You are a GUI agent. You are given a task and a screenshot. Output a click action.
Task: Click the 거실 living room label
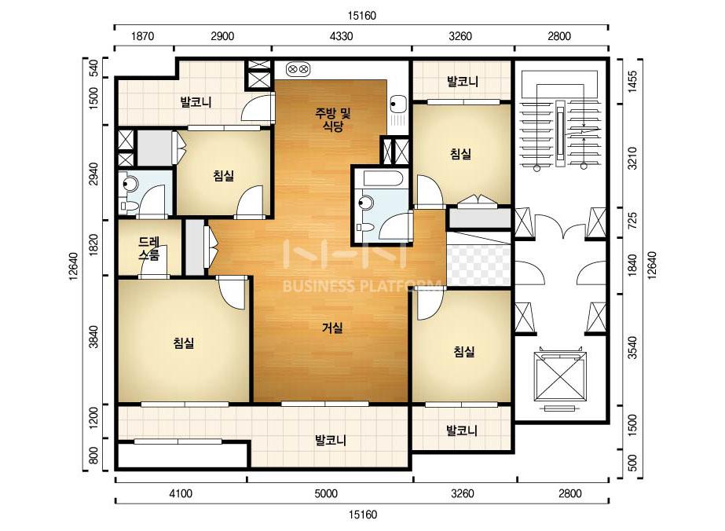332,328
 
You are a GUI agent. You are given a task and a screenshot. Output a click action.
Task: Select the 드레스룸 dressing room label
149,248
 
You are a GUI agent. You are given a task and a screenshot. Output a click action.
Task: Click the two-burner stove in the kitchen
298,69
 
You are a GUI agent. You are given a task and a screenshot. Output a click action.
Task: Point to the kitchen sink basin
397,104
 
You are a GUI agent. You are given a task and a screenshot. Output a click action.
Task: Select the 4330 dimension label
341,36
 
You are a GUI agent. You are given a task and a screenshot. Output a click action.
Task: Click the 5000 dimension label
326,493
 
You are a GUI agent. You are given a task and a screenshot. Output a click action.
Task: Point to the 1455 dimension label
632,82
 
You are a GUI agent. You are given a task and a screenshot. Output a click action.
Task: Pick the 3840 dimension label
93,337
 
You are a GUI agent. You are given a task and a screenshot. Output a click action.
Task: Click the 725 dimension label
632,222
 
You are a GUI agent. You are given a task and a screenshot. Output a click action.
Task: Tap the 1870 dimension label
142,36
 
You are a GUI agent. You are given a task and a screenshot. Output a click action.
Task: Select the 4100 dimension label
181,493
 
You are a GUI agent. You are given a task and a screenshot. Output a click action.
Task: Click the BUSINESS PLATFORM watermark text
361,286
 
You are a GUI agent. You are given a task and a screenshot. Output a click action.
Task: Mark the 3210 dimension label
632,158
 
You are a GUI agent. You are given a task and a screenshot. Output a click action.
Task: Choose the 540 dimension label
93,68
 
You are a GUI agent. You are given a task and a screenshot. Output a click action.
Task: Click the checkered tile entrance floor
478,265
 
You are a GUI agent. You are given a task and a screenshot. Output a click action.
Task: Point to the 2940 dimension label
93,174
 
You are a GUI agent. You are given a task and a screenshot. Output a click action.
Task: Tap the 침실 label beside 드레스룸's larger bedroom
184,342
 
